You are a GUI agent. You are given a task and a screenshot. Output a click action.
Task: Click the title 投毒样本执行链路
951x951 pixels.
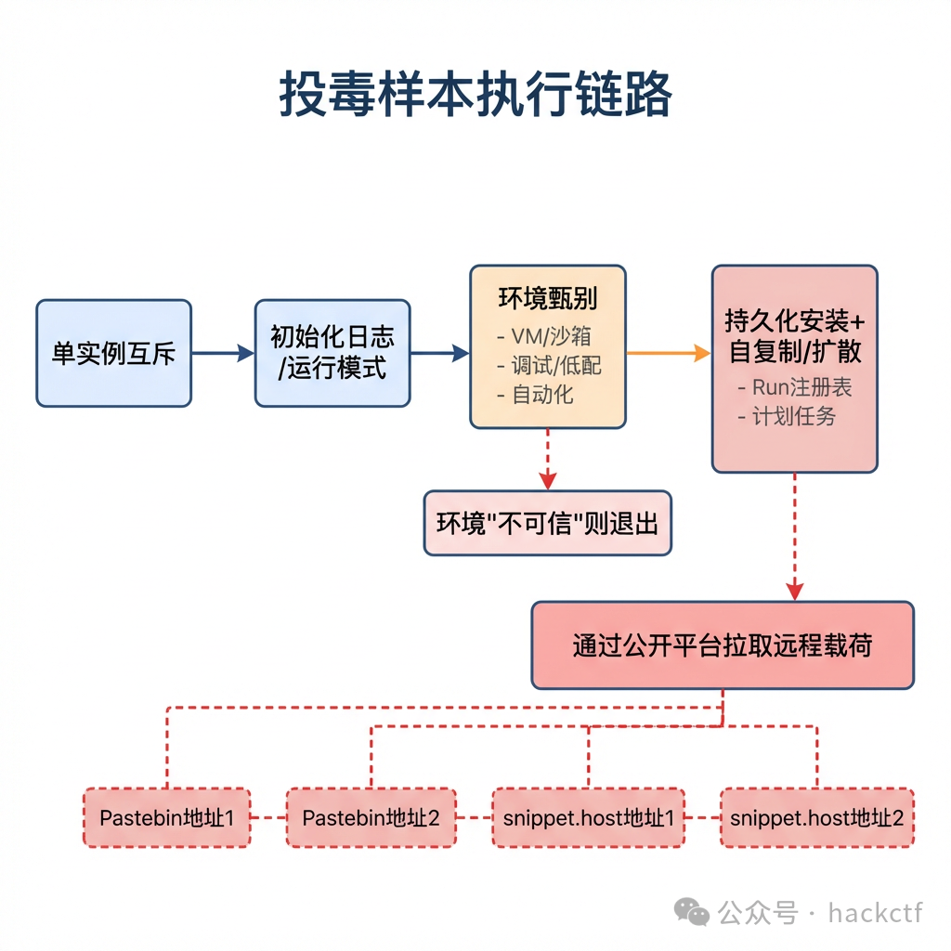tap(475, 96)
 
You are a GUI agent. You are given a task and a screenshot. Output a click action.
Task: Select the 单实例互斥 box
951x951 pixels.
tap(113, 353)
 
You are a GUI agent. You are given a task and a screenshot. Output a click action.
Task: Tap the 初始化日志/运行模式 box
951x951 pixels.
tap(332, 353)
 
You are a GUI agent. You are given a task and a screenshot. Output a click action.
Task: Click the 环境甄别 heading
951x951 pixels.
tap(547, 299)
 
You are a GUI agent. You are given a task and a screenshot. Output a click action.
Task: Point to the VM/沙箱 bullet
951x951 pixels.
tap(551, 335)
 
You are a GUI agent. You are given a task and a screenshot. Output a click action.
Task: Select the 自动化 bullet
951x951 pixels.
tap(542, 395)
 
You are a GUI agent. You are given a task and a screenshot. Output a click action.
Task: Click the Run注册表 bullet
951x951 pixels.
tap(794, 387)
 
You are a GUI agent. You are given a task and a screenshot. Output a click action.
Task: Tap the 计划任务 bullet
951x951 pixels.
tap(787, 416)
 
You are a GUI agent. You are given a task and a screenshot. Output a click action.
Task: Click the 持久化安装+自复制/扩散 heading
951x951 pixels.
tap(794, 336)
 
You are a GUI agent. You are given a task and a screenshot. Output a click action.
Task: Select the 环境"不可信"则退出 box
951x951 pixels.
tap(547, 523)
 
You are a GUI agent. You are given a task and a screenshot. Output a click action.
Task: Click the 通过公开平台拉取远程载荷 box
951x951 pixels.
tap(722, 645)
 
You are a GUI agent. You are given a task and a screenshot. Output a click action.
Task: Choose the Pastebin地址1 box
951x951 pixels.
tap(166, 818)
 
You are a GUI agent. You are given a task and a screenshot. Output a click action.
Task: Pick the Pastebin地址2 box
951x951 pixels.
tap(371, 818)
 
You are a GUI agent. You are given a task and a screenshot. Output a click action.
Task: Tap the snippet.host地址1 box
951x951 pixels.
tap(588, 818)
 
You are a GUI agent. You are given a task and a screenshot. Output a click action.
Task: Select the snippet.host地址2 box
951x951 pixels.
tap(816, 818)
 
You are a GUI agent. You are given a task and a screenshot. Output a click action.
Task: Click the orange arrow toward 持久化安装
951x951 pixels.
tap(668, 353)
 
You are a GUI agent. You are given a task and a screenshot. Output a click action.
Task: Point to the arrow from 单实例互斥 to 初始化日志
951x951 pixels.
tap(223, 353)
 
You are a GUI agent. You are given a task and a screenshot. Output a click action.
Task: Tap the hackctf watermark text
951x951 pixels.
tap(875, 913)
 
